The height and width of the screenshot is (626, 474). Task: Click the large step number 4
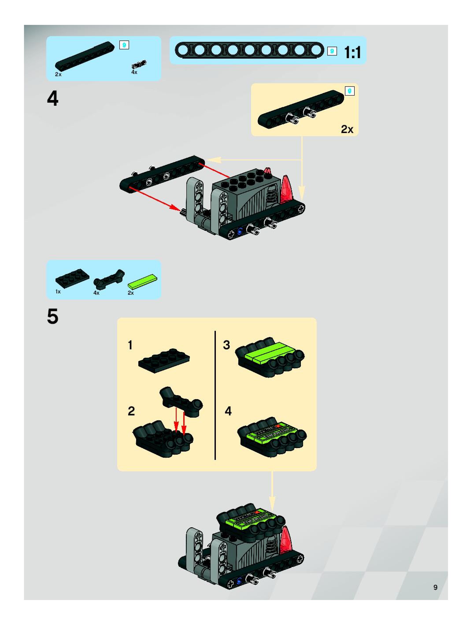(53, 99)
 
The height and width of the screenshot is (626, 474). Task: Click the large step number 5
(53, 316)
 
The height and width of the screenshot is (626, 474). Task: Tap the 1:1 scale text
(352, 53)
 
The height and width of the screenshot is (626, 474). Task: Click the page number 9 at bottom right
(435, 587)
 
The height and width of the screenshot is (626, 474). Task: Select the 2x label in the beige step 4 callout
(347, 129)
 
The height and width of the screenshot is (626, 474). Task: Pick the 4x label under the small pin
(134, 72)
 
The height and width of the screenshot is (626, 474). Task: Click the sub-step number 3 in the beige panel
(226, 345)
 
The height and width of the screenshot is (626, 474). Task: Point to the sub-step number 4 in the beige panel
(228, 411)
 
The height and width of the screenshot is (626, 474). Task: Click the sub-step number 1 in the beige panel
(130, 345)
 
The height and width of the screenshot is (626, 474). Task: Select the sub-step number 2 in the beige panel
(131, 411)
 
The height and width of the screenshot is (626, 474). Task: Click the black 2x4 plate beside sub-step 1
(164, 361)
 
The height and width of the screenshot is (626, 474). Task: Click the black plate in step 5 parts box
(72, 278)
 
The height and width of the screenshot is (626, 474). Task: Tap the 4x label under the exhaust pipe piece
(96, 293)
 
